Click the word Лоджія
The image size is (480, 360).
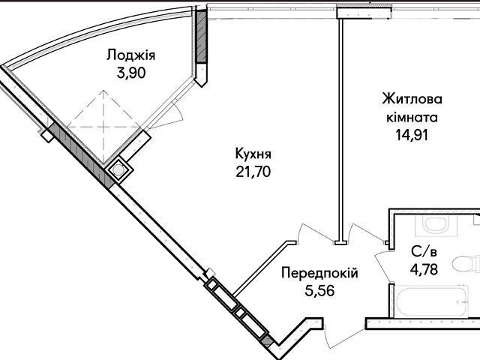131,55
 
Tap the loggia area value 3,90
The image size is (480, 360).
131,73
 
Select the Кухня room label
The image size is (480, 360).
253,154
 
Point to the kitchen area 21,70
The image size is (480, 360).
253,172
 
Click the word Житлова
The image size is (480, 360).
412,99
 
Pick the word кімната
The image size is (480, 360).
412,117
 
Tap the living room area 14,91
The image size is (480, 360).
412,135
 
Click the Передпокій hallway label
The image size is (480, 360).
319,272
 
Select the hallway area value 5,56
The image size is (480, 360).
319,290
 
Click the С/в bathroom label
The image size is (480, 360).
424,252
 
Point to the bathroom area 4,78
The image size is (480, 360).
424,270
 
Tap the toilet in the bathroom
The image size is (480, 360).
466,264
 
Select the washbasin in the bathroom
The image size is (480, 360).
436,225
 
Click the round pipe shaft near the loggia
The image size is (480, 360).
118,170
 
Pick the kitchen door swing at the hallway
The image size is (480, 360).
315,231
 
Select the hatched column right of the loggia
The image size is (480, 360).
202,37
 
